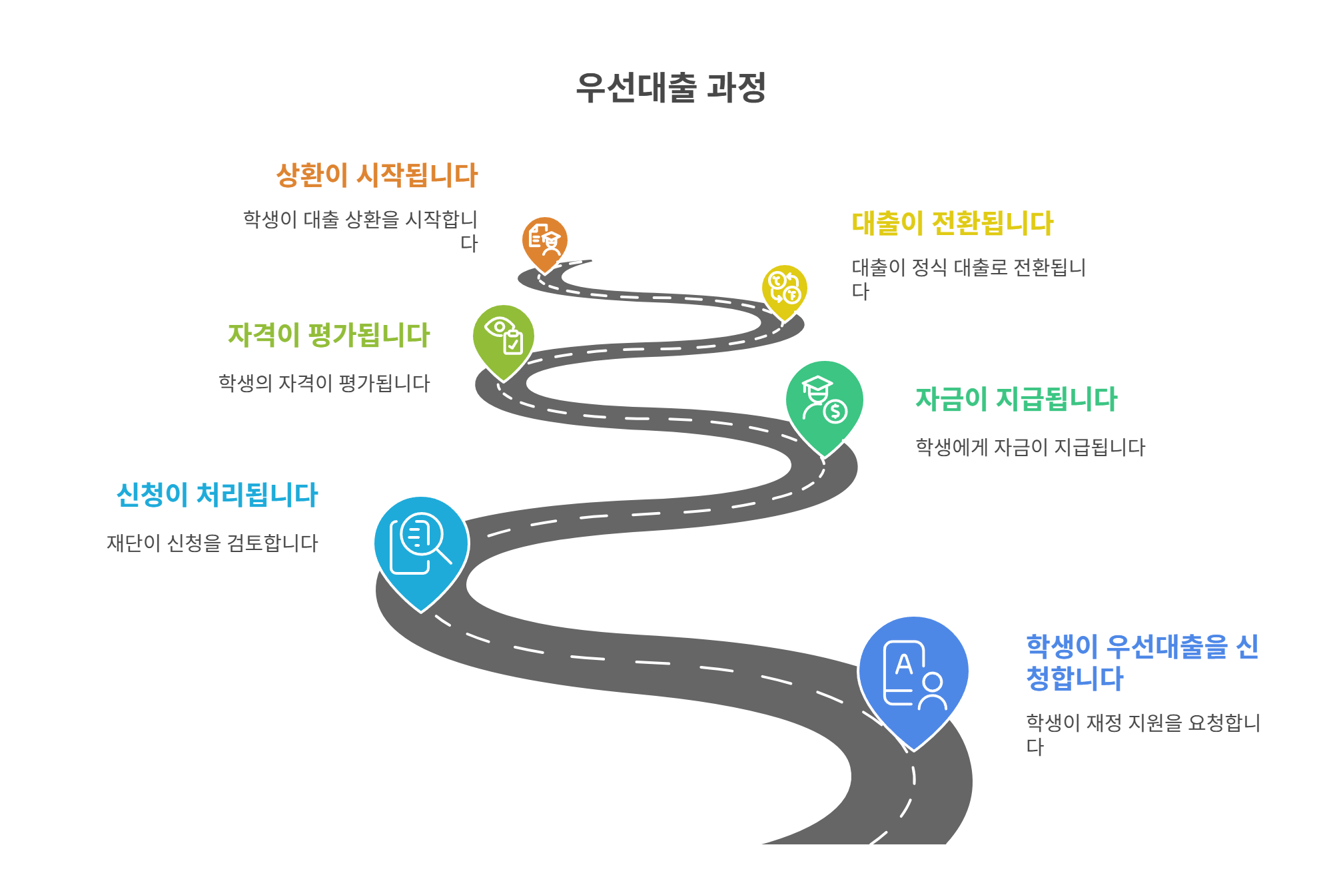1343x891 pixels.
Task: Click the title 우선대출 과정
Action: coord(671,88)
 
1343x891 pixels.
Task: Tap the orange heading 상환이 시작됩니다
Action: coord(377,175)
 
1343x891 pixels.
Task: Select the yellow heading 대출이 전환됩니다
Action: coord(953,223)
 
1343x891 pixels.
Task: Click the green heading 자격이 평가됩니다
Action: coord(329,335)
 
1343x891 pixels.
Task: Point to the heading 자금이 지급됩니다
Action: coord(1017,399)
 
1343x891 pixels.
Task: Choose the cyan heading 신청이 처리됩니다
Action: coord(217,495)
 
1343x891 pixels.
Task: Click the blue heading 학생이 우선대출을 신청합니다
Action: coord(1142,662)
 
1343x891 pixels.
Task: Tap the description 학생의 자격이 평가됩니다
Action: coord(324,383)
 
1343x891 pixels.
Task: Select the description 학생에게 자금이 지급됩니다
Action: coord(1030,447)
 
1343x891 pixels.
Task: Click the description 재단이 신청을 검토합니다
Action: coord(213,543)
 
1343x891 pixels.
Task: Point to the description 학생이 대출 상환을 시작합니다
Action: coord(360,230)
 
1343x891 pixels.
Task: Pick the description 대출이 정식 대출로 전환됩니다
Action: coord(969,278)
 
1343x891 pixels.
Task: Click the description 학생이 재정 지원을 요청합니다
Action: coord(1142,734)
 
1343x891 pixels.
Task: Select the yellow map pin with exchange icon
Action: coord(784,289)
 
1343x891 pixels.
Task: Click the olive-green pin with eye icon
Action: coord(504,337)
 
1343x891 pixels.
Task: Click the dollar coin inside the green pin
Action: coord(835,412)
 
